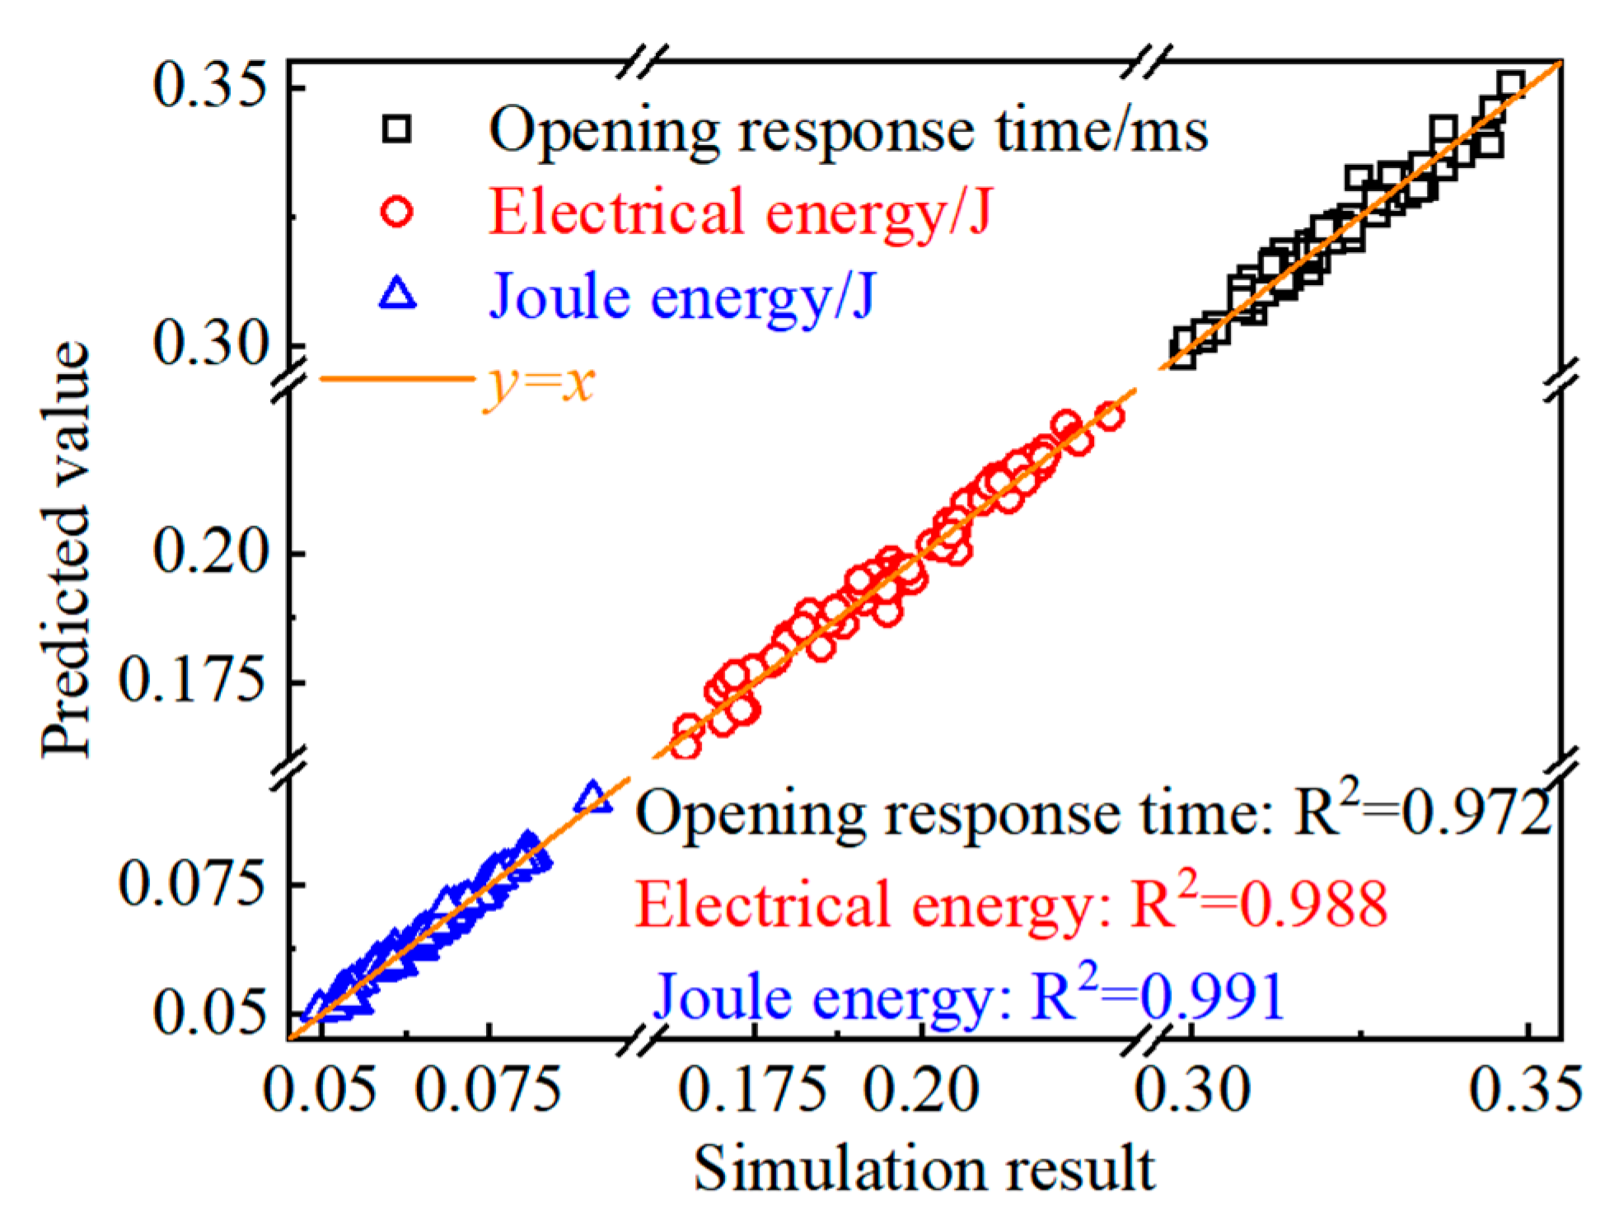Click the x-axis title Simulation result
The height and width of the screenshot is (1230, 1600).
click(x=924, y=1168)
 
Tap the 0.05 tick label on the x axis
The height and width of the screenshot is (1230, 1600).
click(x=320, y=1090)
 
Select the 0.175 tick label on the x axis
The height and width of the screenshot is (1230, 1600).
click(x=752, y=1090)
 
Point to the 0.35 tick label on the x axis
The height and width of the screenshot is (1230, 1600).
click(x=1527, y=1090)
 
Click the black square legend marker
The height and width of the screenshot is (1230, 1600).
click(x=399, y=129)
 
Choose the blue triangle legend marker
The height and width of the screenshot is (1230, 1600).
click(x=399, y=295)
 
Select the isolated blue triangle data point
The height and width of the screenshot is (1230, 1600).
click(x=593, y=797)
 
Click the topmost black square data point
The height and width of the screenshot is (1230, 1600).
click(x=1509, y=86)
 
